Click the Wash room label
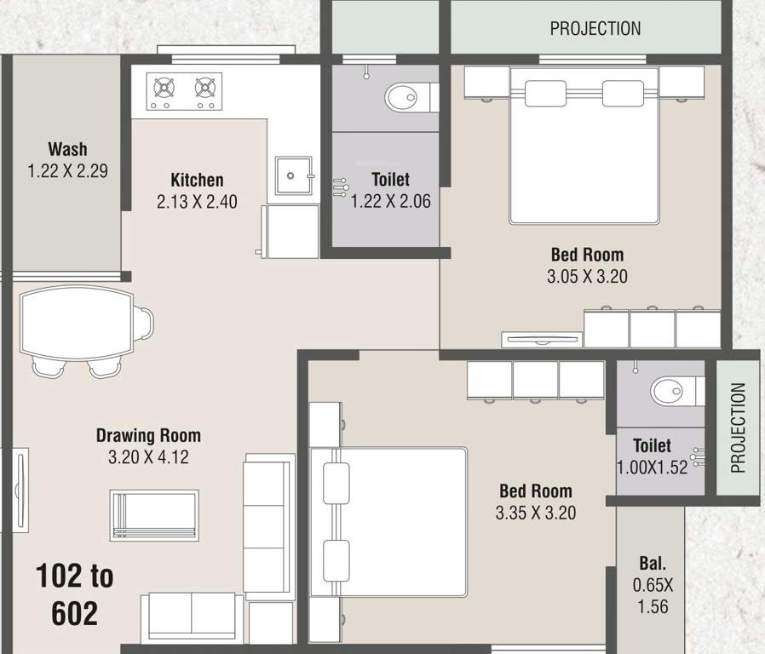click(x=67, y=150)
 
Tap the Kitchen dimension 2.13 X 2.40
click(x=197, y=202)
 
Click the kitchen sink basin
click(x=291, y=176)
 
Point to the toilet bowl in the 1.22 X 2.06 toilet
click(x=404, y=98)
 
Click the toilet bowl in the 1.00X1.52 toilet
click(x=670, y=392)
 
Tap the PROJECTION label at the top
click(x=595, y=28)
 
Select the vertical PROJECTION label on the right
click(x=738, y=427)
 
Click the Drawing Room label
click(x=148, y=436)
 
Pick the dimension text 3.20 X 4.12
click(x=148, y=457)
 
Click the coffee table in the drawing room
click(x=153, y=515)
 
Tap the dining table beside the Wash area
click(x=77, y=324)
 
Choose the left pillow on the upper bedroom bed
click(x=545, y=94)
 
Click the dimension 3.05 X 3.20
click(x=587, y=276)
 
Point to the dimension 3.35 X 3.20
click(x=536, y=513)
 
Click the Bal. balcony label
click(x=653, y=564)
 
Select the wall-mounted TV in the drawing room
click(x=19, y=478)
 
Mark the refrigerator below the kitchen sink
click(x=290, y=230)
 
